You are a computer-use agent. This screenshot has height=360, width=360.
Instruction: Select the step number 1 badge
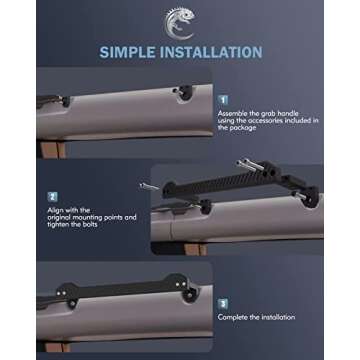click(x=223, y=101)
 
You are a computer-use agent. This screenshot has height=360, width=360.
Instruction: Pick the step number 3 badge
click(x=223, y=301)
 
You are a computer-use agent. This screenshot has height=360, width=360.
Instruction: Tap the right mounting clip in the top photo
click(x=184, y=93)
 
